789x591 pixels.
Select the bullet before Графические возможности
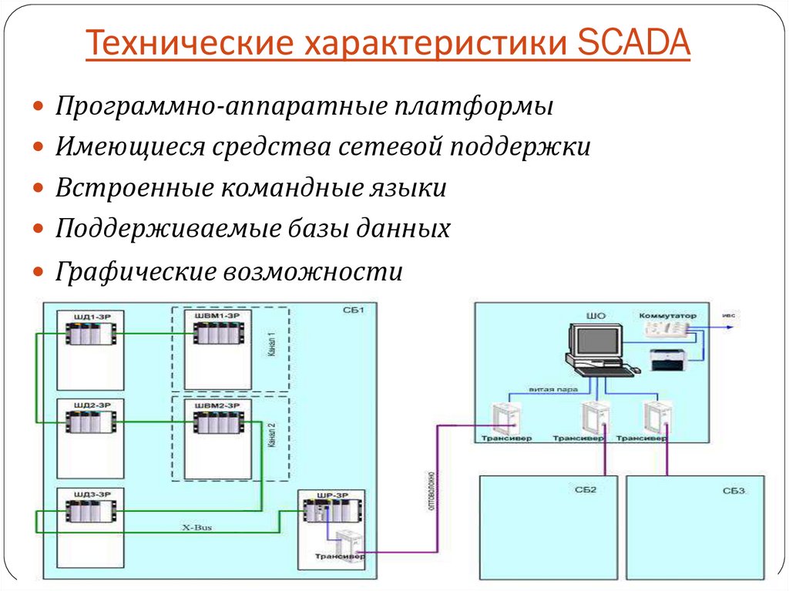(39, 272)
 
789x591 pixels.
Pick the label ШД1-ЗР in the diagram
(89, 317)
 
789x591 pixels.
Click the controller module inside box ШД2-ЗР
(89, 421)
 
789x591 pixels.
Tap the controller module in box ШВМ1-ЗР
(217, 334)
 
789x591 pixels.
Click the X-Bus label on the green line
(196, 528)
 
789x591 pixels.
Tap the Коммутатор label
(666, 315)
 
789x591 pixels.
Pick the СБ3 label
(734, 490)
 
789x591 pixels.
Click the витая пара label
(553, 390)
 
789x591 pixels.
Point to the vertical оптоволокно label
(431, 494)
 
